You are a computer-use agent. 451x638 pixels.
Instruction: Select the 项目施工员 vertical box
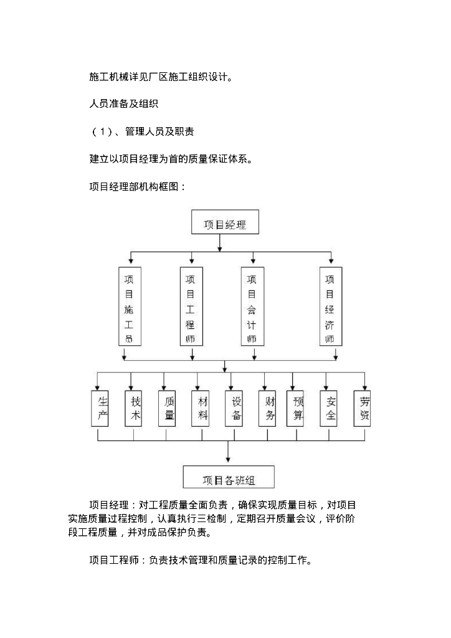coord(129,307)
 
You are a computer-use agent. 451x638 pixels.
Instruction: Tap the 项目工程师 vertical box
coord(191,307)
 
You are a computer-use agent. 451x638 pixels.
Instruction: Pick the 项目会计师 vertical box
coord(252,307)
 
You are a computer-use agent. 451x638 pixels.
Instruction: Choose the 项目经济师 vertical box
coord(330,307)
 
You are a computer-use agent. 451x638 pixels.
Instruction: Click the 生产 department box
coord(103,408)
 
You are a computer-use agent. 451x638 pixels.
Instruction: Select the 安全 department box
coord(331,408)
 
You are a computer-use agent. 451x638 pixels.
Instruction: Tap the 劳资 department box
coord(365,408)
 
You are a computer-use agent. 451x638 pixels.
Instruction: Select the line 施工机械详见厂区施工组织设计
coord(161,78)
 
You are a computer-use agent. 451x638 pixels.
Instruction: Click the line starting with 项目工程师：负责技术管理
coord(201,560)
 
